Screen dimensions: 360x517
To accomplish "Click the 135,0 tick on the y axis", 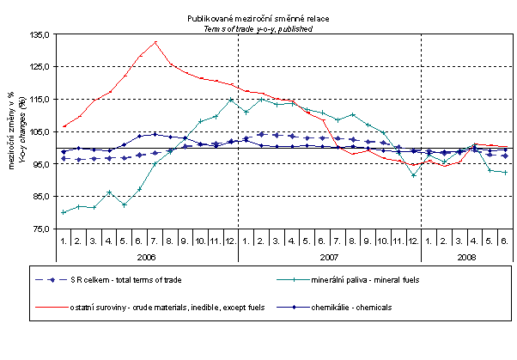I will [40, 34].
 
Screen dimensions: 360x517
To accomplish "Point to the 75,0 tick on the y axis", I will [40, 229].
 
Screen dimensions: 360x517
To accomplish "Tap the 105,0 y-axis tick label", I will [40, 131].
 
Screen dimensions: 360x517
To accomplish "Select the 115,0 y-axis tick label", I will [40, 99].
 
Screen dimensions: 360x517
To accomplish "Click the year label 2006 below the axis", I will [146, 256].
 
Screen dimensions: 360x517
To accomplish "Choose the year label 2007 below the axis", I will [329, 256].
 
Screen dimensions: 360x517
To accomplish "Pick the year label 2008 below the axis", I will [467, 256].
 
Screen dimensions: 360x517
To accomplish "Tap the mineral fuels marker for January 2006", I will [64, 212].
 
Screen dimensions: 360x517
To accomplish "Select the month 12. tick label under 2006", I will [230, 241].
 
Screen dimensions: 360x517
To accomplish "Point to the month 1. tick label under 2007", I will [246, 241].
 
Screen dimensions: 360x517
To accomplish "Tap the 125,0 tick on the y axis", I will [40, 67].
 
